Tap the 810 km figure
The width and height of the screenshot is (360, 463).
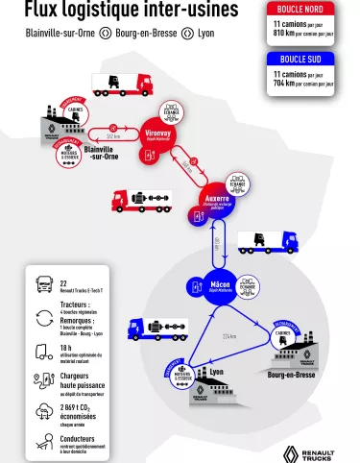283,32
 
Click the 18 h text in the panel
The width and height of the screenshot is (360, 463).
66,349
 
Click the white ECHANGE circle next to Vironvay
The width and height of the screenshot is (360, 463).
170,110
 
